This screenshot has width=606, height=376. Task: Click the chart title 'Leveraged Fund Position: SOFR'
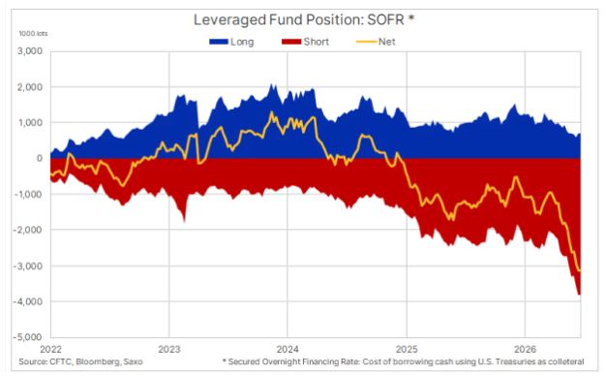(299, 19)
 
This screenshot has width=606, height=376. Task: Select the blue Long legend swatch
(219, 42)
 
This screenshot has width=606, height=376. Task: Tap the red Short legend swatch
(291, 42)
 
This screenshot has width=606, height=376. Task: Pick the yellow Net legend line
(366, 42)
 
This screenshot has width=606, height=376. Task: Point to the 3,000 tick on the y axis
(30, 51)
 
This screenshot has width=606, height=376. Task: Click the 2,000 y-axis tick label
(30, 87)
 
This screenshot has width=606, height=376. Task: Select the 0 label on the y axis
(40, 158)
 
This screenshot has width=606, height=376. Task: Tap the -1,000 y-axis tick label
(28, 194)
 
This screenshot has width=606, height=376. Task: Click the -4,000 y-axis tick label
(28, 301)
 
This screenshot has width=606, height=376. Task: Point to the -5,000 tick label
(28, 337)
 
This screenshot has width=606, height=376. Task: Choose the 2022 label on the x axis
(51, 349)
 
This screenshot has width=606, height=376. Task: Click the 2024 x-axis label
(288, 349)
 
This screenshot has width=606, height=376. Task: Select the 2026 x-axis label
(525, 349)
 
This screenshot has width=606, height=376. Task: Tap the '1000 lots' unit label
(33, 34)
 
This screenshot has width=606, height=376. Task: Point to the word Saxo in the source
(133, 362)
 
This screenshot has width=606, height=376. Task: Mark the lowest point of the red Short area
(579, 295)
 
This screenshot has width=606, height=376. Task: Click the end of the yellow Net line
(581, 270)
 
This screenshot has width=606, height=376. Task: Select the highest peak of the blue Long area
(271, 84)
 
